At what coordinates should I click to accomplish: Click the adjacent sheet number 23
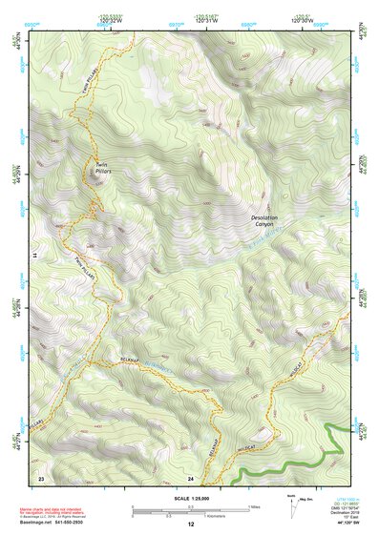pyautogui.click(x=41, y=476)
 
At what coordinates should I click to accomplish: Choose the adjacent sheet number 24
pyautogui.click(x=190, y=477)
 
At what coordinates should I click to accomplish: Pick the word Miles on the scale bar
pyautogui.click(x=255, y=505)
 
